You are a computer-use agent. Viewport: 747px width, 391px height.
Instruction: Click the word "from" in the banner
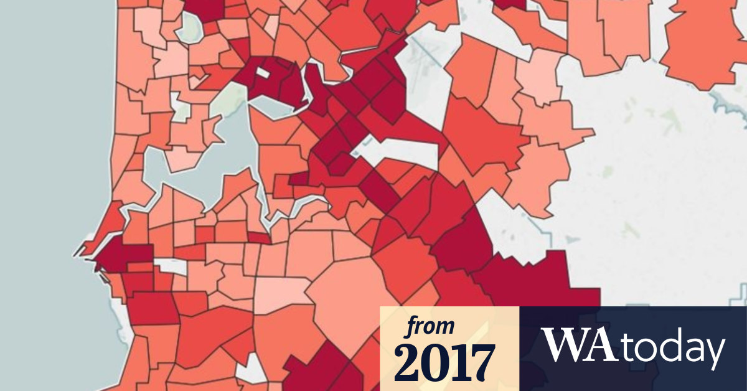coord(430,326)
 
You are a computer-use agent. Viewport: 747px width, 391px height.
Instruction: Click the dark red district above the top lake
coord(205,7)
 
